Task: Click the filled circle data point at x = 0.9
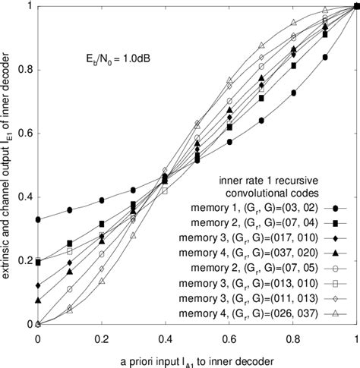tap(324, 57)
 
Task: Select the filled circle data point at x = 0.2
tap(101, 200)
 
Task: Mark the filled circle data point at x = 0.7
tap(261, 121)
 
